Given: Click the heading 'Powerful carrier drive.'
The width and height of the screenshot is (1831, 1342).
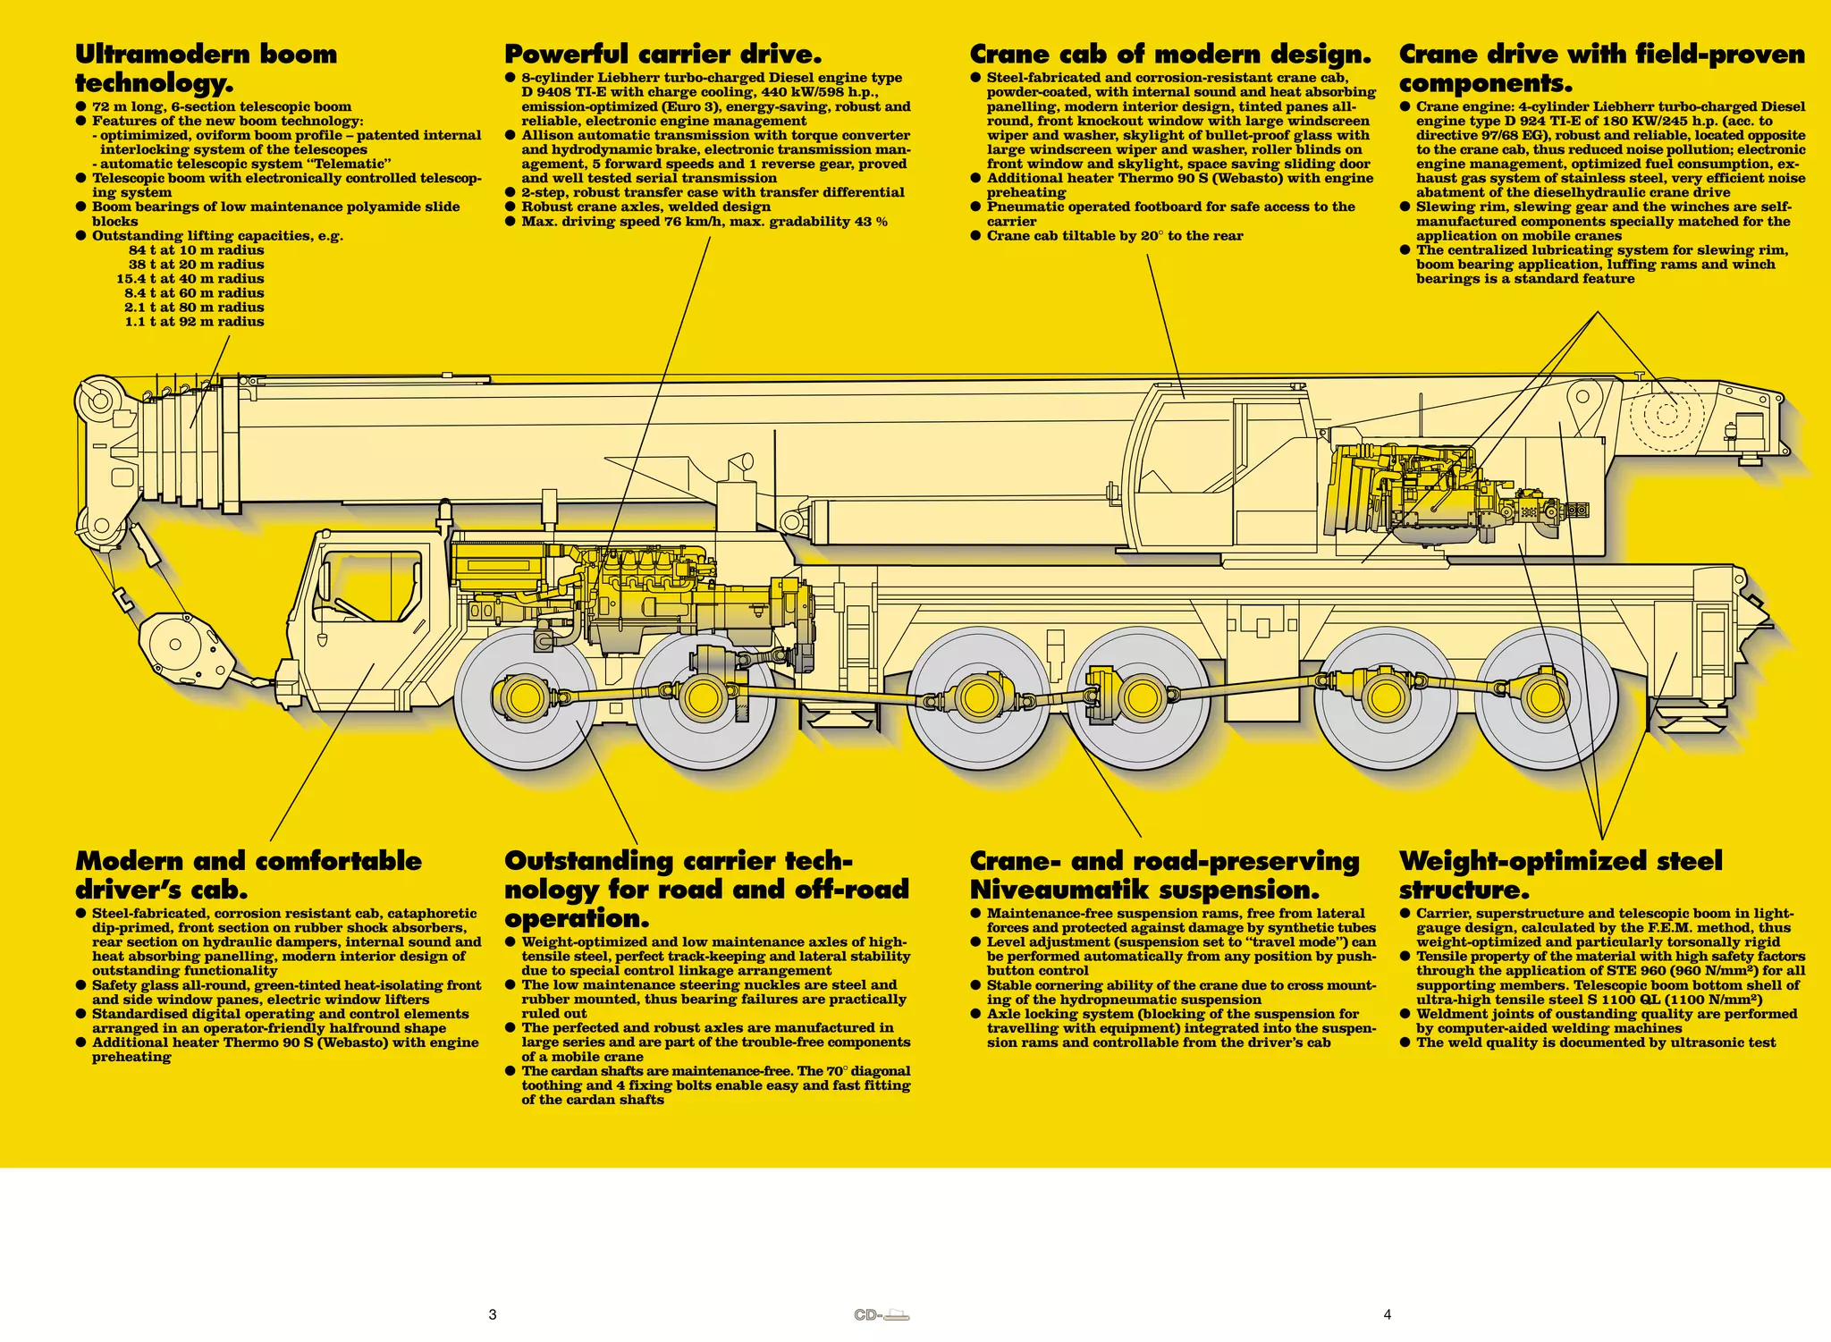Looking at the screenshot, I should [x=662, y=55].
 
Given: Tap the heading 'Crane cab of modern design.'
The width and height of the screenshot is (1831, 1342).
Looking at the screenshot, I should [x=1169, y=55].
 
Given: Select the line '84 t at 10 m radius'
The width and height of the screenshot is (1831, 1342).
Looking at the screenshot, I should [x=196, y=250].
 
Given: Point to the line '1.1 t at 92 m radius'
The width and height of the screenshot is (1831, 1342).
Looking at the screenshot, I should [x=194, y=322].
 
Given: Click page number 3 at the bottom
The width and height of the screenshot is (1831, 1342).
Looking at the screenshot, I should [x=493, y=1314].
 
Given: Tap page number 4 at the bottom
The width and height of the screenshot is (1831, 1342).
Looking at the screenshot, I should [x=1388, y=1314].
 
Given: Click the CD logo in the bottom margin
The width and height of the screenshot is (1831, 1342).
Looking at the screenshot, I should [x=882, y=1315].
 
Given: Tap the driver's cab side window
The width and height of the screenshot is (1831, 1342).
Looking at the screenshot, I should [x=371, y=587].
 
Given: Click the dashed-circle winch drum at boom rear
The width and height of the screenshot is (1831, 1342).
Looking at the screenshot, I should [x=1666, y=415].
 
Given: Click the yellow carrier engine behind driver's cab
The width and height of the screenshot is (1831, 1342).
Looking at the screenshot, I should [x=626, y=590].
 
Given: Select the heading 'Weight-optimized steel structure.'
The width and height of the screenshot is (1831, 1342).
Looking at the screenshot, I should [x=1559, y=875].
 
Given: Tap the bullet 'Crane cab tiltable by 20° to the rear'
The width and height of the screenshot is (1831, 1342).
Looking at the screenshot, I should [x=1114, y=236].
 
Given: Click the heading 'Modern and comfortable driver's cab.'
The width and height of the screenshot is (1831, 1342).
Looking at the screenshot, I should [x=248, y=875].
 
